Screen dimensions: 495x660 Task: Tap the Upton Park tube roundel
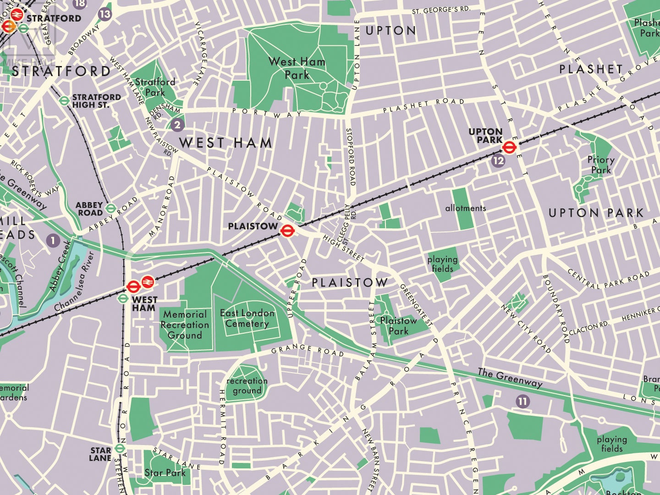tap(509, 147)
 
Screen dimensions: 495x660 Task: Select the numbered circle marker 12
tap(498, 160)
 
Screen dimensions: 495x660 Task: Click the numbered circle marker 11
tap(522, 401)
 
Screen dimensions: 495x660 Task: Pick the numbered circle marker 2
tap(177, 124)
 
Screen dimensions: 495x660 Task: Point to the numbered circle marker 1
tap(53, 240)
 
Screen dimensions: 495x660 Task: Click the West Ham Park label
tap(297, 68)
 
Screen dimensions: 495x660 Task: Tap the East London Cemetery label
tap(247, 318)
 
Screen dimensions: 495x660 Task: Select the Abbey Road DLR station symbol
tap(110, 209)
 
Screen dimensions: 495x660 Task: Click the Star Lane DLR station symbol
tap(120, 448)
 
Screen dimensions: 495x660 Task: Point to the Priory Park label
tap(601, 165)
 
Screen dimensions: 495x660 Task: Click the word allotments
tap(465, 208)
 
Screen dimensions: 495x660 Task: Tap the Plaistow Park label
tap(398, 325)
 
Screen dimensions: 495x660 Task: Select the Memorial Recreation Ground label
tap(185, 324)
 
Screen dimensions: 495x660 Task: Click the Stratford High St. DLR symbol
tap(64, 100)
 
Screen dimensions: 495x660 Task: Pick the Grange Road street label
tap(307, 351)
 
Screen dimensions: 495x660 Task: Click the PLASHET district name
tap(591, 69)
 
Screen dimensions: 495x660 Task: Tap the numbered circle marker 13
tap(105, 14)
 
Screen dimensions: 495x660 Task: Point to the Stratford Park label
tap(155, 87)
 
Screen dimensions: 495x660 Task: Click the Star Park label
tap(165, 473)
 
